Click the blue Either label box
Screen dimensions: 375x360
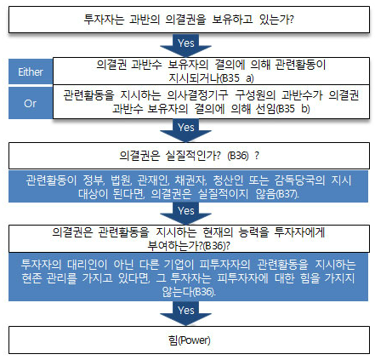[31, 71]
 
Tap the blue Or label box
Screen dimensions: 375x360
[31, 103]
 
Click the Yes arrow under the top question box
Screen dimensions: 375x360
[185, 45]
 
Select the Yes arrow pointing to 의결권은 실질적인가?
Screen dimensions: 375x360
[185, 130]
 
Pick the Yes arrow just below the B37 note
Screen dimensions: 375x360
[185, 214]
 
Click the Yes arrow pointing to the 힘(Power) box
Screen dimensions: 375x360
[185, 313]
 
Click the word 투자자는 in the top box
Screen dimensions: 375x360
[104, 20]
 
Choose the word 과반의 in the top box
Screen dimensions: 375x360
[145, 20]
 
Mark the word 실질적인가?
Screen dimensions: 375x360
[193, 155]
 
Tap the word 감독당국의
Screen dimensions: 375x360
[299, 180]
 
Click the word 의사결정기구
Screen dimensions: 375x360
[197, 95]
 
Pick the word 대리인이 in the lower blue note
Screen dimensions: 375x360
[88, 265]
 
